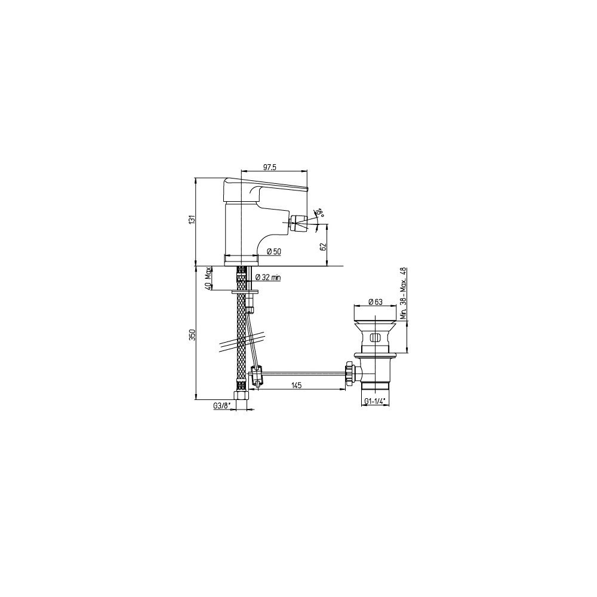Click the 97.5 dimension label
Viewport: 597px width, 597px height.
(x=269, y=167)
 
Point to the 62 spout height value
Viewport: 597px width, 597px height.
(x=324, y=245)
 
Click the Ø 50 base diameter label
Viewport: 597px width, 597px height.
(x=274, y=251)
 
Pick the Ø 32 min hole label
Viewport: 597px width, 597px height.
(x=267, y=277)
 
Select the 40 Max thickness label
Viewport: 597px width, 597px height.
(x=208, y=279)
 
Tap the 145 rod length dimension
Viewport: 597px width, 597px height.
(x=296, y=385)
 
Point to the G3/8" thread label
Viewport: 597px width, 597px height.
(x=222, y=406)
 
